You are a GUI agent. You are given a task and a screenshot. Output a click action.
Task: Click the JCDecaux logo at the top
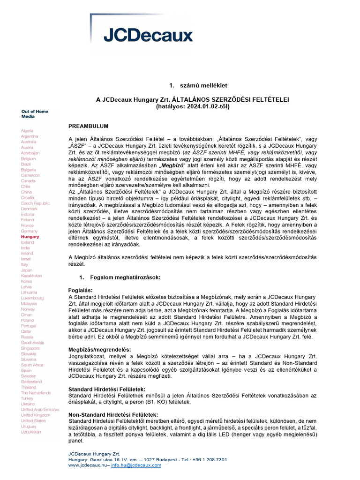coord(148,35)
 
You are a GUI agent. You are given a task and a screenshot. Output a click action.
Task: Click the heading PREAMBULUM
coord(89,127)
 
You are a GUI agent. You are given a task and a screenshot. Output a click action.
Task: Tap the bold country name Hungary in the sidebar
coord(30,237)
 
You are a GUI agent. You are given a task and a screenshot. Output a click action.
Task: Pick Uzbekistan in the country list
coord(30,432)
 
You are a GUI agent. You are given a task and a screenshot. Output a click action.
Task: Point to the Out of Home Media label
coord(35,114)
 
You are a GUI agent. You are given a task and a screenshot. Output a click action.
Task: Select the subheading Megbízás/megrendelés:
coord(100,350)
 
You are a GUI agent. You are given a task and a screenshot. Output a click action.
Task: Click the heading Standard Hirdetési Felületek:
coord(107,390)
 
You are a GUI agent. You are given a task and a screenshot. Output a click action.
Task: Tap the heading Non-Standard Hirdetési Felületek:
coord(113,415)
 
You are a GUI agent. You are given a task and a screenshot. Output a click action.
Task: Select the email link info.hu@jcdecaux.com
coord(136,465)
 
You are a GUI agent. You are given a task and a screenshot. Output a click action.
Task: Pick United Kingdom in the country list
coord(35,415)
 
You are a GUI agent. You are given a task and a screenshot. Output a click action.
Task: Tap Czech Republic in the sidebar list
coord(35,203)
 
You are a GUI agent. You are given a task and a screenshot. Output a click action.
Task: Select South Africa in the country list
coord(32,364)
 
